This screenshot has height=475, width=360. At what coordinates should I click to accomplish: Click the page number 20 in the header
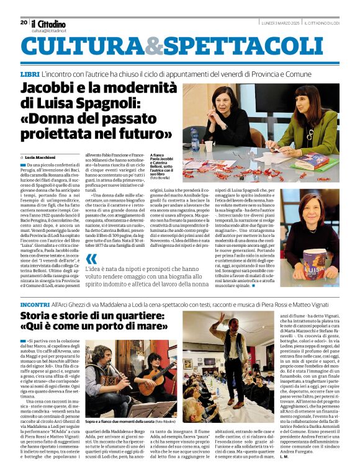[x=24, y=22]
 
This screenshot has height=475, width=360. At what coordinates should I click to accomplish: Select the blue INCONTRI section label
[x=35, y=305]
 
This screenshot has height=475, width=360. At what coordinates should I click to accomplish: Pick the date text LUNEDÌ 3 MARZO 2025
[x=282, y=22]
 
